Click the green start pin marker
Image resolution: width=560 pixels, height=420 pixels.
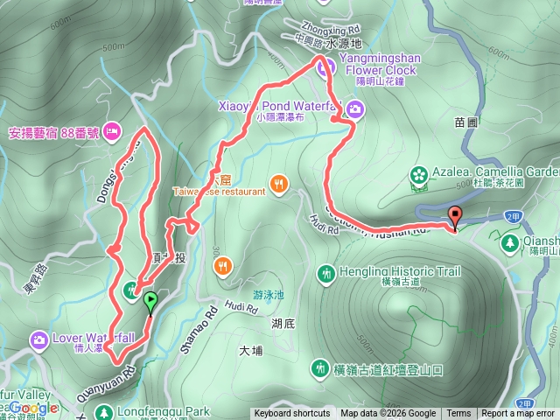[x=150, y=303]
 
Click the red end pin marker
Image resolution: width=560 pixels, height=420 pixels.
[x=454, y=216]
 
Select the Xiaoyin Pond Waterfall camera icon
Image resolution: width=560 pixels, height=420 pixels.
[x=355, y=108]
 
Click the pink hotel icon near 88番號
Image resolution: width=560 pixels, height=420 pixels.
[x=111, y=133]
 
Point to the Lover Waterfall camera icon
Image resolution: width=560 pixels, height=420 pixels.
[x=38, y=339]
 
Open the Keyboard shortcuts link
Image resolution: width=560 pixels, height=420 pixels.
[x=292, y=414]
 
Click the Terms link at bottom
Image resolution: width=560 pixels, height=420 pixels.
[x=458, y=414]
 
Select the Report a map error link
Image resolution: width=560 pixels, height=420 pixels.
[x=518, y=414]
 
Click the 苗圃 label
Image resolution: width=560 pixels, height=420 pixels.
[x=465, y=123]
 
